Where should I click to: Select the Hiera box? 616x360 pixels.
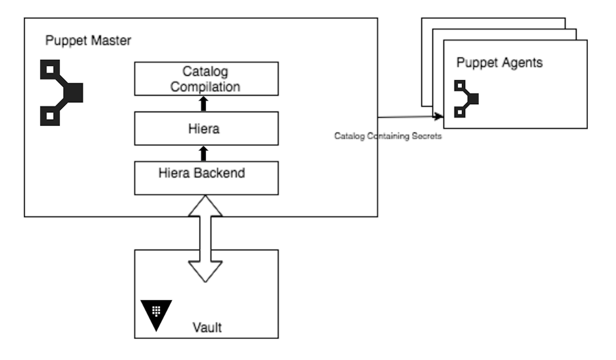pyautogui.click(x=205, y=129)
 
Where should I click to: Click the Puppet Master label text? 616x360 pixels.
pyautogui.click(x=88, y=41)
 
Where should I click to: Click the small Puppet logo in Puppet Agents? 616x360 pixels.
pyautogui.click(x=466, y=99)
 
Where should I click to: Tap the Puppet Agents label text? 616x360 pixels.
pyautogui.click(x=499, y=63)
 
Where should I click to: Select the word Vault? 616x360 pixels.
pyautogui.click(x=206, y=327)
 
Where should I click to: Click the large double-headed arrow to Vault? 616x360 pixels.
pyautogui.click(x=205, y=240)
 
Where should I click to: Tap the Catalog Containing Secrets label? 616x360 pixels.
pyautogui.click(x=387, y=136)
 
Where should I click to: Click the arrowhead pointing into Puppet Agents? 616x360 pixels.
pyautogui.click(x=439, y=117)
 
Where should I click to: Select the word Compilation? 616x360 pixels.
pyautogui.click(x=205, y=87)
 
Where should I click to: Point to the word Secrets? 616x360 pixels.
pyautogui.click(x=428, y=136)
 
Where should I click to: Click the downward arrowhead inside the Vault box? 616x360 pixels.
pyautogui.click(x=205, y=271)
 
